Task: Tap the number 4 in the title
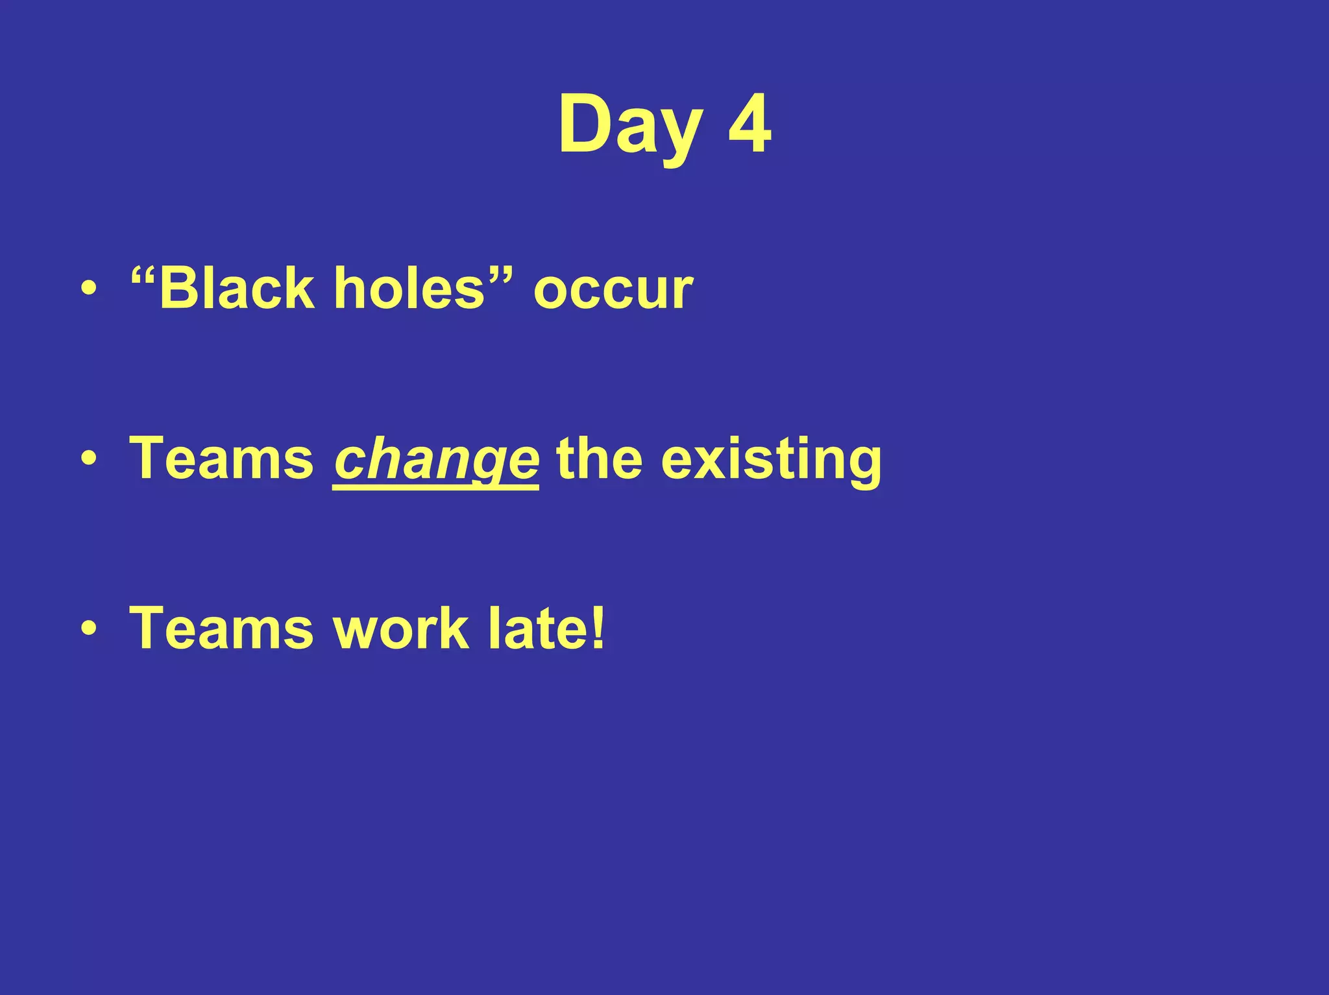click(750, 123)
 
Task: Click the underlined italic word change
click(435, 460)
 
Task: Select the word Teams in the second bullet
click(221, 459)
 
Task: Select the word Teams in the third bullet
click(221, 628)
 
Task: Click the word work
click(400, 628)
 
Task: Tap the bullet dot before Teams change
click(89, 459)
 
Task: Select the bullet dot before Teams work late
click(89, 629)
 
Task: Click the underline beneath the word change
click(435, 488)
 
